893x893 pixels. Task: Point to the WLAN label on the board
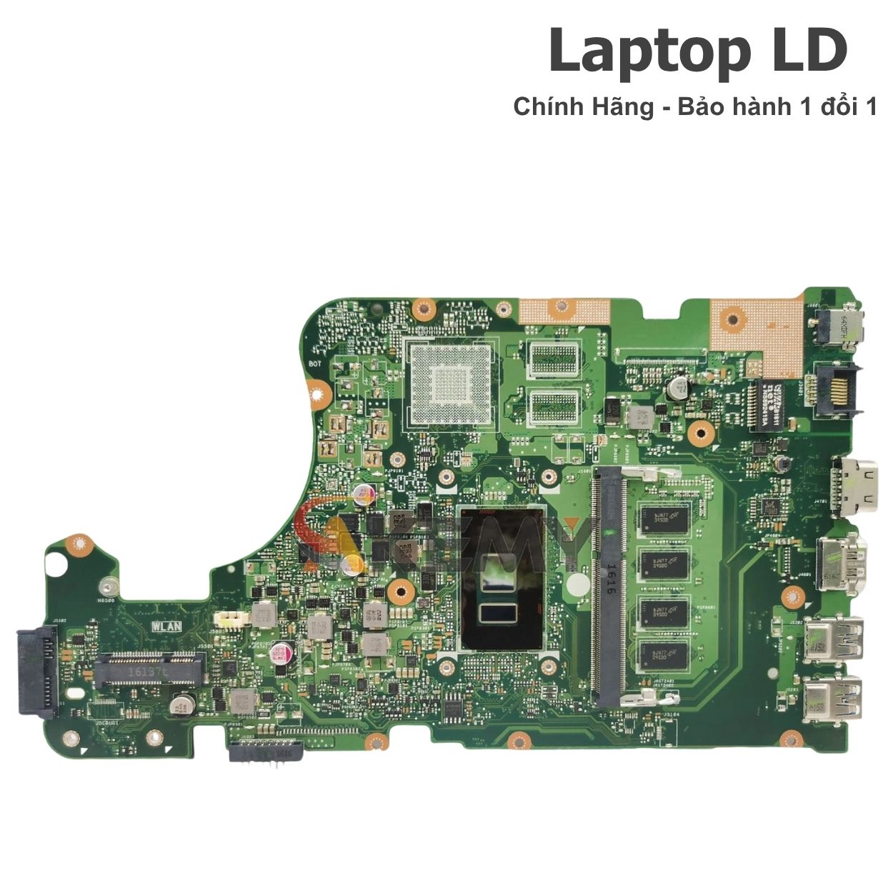pyautogui.click(x=166, y=626)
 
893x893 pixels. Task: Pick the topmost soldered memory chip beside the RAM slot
pyautogui.click(x=664, y=517)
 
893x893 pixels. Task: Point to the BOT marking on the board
pyautogui.click(x=314, y=364)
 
